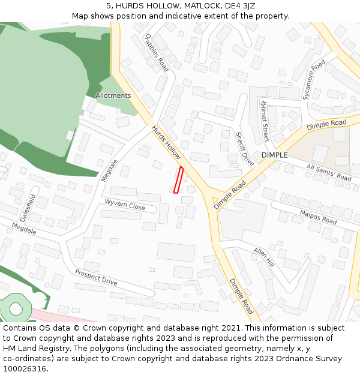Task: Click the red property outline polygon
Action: [x=178, y=180]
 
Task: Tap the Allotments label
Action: [x=113, y=95]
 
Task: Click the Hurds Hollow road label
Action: [x=166, y=142]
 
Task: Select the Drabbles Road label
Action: [x=156, y=52]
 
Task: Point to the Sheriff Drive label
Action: [x=245, y=149]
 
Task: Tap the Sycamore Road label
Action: [x=314, y=79]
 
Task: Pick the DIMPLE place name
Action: [x=275, y=155]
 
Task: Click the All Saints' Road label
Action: [x=328, y=173]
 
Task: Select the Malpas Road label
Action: [x=318, y=217]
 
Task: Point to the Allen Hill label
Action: [x=263, y=256]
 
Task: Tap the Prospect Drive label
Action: [x=96, y=277]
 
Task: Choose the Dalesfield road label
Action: [x=28, y=207]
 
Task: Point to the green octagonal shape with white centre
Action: [x=16, y=308]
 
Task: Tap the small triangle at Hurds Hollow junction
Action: [x=215, y=199]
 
